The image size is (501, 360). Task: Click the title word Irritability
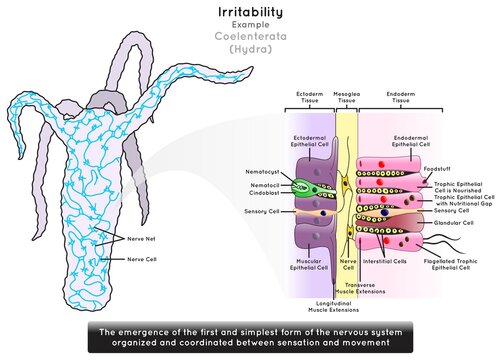249,13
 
